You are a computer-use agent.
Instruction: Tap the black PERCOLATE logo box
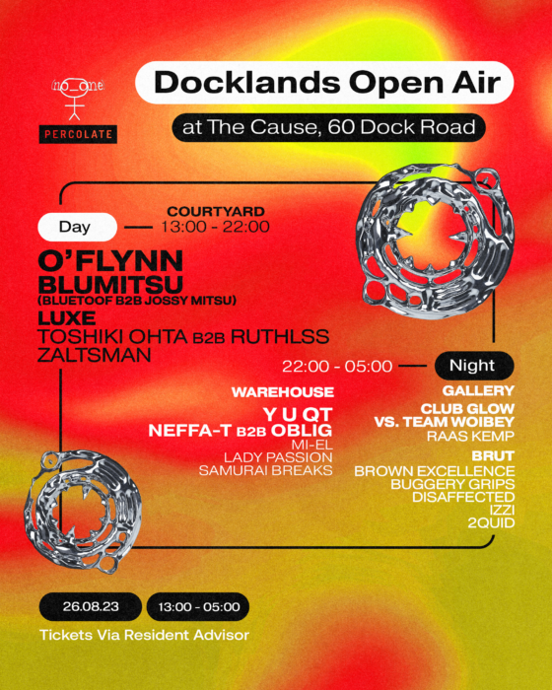tap(78, 134)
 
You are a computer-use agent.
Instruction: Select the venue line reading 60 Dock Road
tap(329, 127)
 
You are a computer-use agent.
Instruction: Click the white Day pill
tap(77, 227)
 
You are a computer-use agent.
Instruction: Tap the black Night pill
tap(474, 366)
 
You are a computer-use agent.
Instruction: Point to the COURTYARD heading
tap(216, 211)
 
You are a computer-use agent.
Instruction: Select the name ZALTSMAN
tap(95, 355)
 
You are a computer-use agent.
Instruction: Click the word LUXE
tap(67, 317)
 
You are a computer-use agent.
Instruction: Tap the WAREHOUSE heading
tap(283, 392)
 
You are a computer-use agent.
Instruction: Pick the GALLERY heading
tap(478, 390)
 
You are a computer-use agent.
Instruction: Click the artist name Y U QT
tap(298, 415)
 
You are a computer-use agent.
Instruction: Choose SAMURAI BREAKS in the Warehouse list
tap(266, 470)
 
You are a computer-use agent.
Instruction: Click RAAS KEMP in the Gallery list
tap(470, 436)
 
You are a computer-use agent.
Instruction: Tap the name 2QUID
tap(491, 522)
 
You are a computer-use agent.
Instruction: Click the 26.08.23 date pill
tap(91, 607)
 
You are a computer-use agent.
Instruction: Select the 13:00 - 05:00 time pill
tap(198, 607)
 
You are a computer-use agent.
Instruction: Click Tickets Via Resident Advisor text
tap(144, 635)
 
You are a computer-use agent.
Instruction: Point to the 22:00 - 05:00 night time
tap(337, 366)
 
